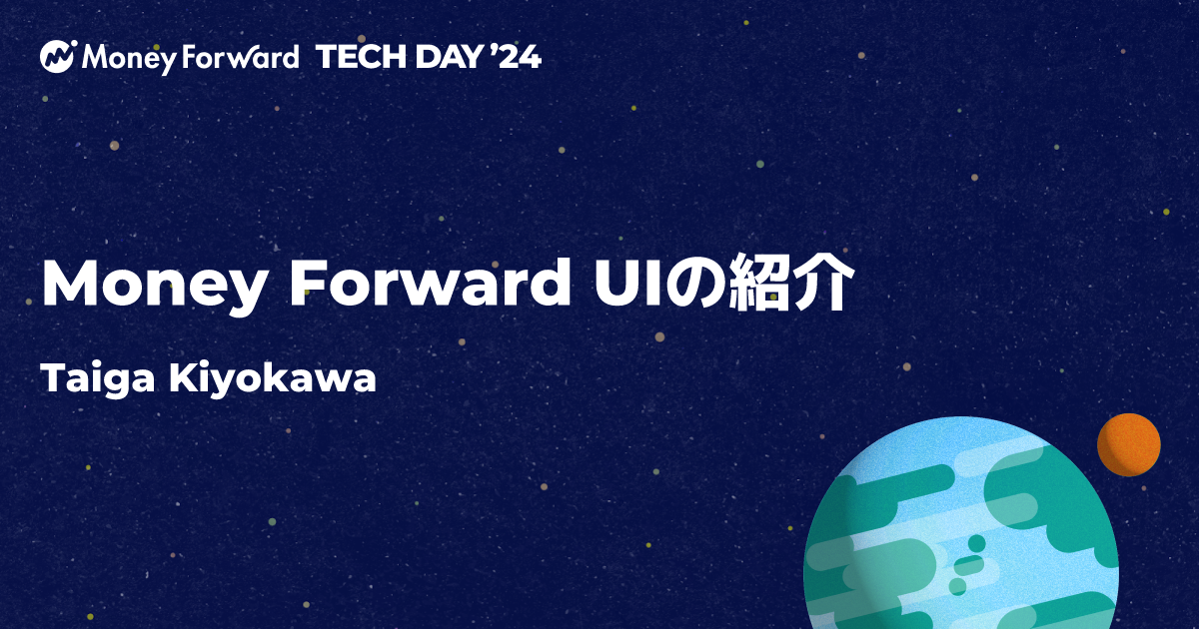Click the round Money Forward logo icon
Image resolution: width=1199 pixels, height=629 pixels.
59,57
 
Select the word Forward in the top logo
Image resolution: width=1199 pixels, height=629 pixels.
240,58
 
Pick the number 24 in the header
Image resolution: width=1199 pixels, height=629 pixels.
521,58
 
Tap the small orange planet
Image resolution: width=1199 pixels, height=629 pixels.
1128,444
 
